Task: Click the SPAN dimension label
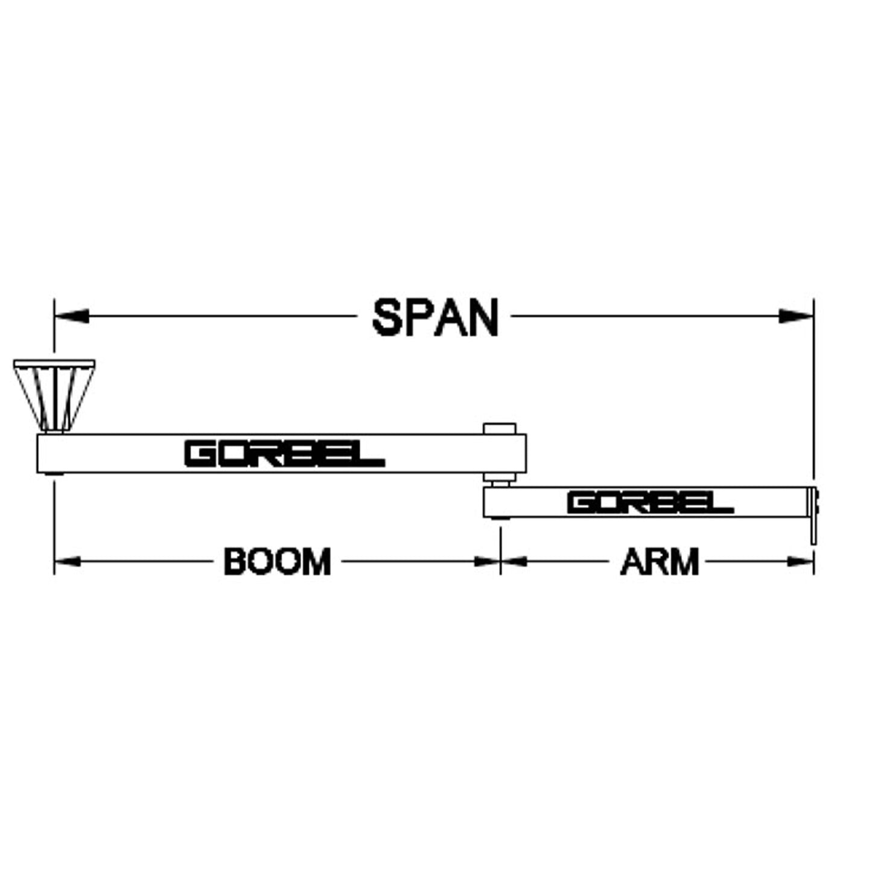point(435,317)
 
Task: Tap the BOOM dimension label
point(278,562)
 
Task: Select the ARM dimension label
point(660,562)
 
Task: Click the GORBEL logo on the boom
point(285,454)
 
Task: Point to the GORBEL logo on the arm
point(651,503)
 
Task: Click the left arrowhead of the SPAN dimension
point(71,316)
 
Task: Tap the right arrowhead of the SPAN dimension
point(796,316)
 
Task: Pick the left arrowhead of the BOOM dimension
point(68,562)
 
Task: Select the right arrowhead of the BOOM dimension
point(487,562)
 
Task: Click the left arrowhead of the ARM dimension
point(514,562)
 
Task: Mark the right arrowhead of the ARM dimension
point(801,562)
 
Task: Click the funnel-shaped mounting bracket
point(54,395)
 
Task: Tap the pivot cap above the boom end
point(500,428)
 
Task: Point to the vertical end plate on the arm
point(813,516)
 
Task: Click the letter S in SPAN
point(388,317)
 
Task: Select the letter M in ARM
point(684,562)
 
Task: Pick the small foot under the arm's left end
point(500,519)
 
